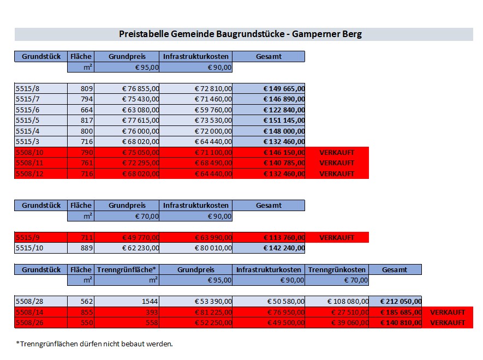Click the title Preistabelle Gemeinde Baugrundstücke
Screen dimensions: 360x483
coord(240,34)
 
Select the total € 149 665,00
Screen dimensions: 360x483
coord(284,88)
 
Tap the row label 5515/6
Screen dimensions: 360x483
coord(27,110)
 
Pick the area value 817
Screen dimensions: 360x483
coord(87,121)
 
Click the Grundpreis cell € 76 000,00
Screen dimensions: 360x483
coord(140,131)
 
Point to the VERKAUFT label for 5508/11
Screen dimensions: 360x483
coord(337,163)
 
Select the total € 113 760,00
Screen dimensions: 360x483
coord(284,237)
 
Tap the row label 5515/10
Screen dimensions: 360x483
coord(29,248)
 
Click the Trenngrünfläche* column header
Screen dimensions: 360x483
coord(127,269)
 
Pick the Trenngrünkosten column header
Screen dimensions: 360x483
coord(337,269)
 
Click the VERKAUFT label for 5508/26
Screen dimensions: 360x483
coord(448,322)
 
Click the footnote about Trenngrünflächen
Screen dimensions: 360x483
coord(94,344)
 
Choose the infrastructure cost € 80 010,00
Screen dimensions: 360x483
coord(213,248)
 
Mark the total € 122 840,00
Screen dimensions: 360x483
coord(284,110)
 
